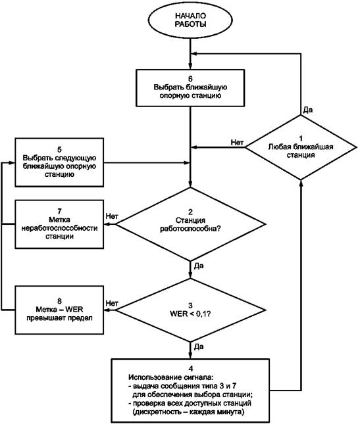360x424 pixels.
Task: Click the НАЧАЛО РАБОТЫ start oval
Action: (190, 20)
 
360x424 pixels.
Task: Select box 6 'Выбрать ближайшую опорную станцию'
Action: (190, 88)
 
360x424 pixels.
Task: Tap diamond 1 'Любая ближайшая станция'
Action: (301, 147)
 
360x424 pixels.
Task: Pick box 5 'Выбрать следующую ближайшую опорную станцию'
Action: (59, 162)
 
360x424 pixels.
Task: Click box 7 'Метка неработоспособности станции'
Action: (59, 224)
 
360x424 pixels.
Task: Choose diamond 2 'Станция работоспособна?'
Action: (190, 224)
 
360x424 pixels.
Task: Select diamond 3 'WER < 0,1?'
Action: (190, 310)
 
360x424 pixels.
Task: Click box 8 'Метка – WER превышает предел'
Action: (59, 310)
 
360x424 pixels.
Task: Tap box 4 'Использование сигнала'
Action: (190, 390)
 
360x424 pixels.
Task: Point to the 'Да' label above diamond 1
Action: (308, 110)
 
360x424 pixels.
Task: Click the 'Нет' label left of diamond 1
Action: (237, 142)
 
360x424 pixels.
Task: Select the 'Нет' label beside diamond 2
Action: (112, 216)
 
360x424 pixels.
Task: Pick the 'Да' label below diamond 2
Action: (199, 266)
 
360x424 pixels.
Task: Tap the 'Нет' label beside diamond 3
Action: (112, 303)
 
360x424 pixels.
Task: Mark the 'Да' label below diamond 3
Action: (199, 346)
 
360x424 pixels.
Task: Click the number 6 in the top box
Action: (190, 78)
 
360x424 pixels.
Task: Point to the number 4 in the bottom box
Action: (191, 369)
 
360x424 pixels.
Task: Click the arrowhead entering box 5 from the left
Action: (12, 163)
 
